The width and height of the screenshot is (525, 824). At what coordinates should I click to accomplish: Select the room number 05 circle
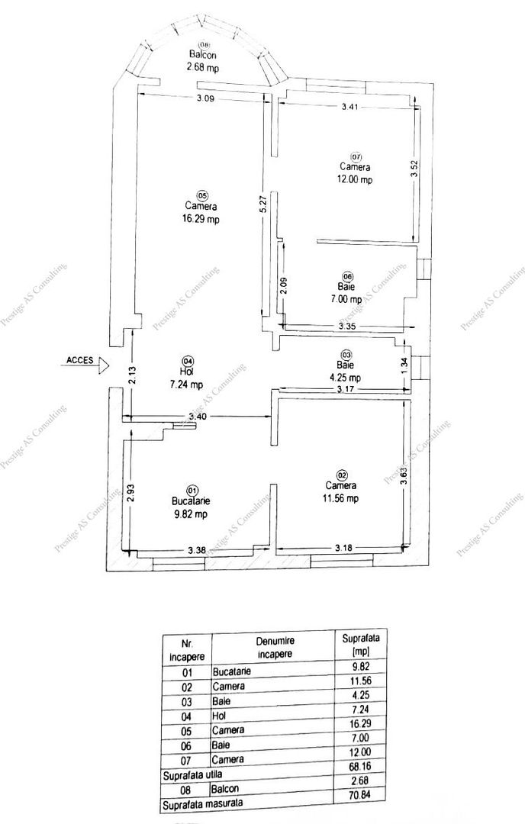click(201, 195)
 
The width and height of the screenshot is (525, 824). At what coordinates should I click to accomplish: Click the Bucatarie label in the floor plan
click(191, 501)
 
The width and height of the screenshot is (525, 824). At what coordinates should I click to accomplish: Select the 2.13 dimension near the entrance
click(132, 375)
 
